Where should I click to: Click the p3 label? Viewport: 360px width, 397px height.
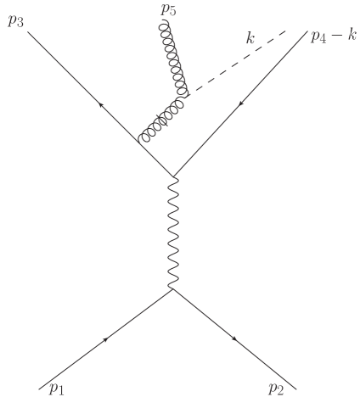[15, 20]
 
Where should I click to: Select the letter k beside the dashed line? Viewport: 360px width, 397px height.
[250, 40]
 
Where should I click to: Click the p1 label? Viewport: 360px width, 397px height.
[56, 389]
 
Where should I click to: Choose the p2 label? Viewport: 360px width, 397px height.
[276, 389]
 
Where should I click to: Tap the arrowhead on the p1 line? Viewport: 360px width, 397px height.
[107, 339]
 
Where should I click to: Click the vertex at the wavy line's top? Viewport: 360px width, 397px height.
[173, 176]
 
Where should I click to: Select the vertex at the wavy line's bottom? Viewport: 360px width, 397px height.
[173, 290]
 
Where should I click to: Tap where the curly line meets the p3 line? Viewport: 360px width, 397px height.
[139, 142]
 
